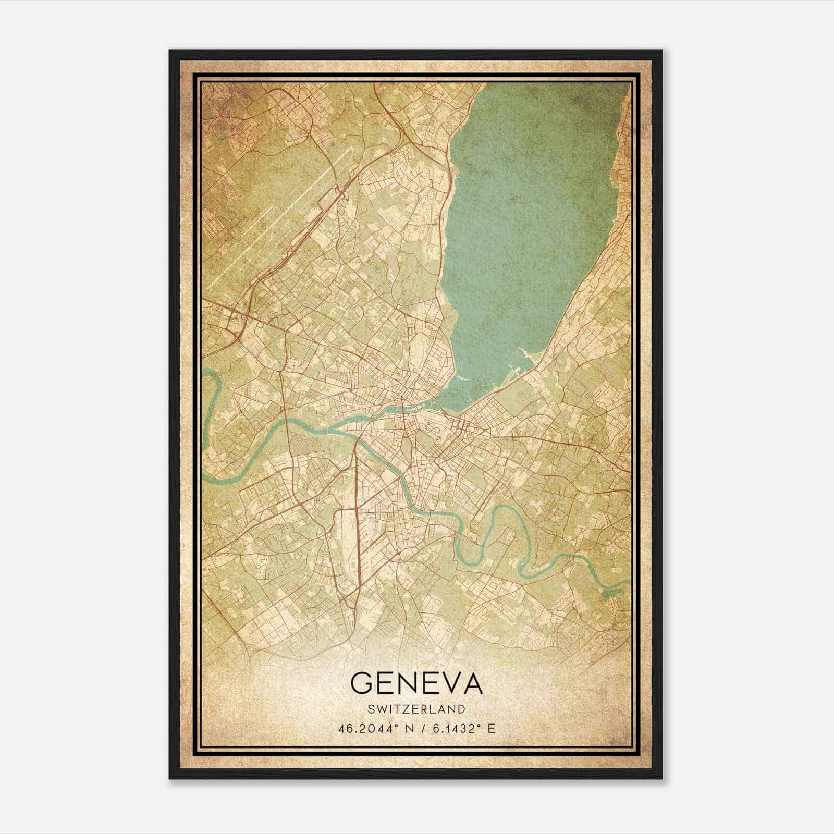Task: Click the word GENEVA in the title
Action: click(x=416, y=683)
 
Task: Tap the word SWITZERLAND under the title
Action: click(x=416, y=709)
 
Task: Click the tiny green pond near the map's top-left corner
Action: click(x=223, y=139)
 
